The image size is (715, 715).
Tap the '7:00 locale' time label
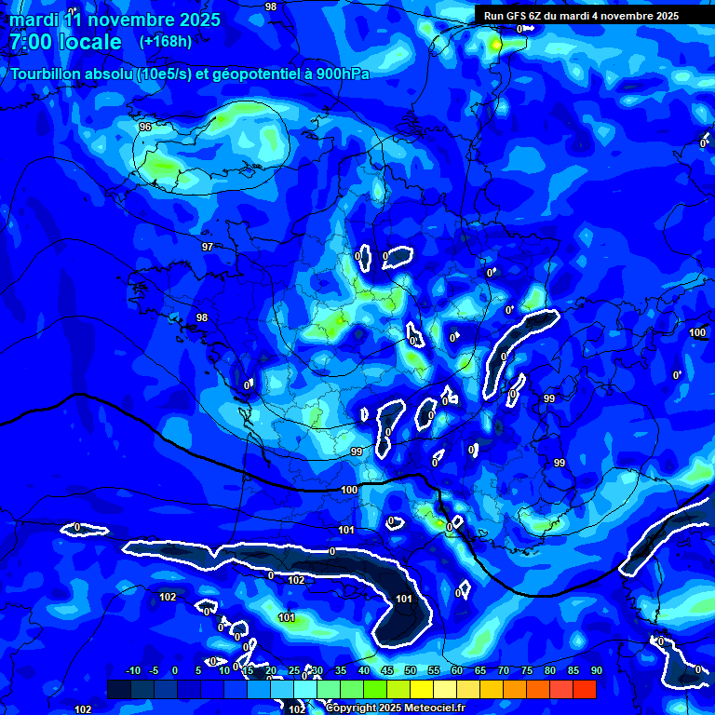[65, 42]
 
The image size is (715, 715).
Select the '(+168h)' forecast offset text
[166, 41]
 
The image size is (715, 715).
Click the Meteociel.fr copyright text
[395, 708]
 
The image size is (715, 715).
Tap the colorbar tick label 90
[596, 670]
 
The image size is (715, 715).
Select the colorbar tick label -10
[132, 670]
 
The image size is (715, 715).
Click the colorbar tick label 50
[410, 670]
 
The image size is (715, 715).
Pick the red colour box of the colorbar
[585, 689]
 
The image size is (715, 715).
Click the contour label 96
[144, 127]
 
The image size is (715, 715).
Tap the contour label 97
[207, 247]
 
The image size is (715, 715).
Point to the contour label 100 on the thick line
[349, 490]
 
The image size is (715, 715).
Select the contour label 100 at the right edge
[697, 332]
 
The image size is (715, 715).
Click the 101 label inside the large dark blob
[404, 599]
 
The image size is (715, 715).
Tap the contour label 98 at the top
[270, 7]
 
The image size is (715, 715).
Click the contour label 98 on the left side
[201, 317]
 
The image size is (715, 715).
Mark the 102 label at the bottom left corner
[83, 709]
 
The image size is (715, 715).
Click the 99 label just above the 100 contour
[357, 452]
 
